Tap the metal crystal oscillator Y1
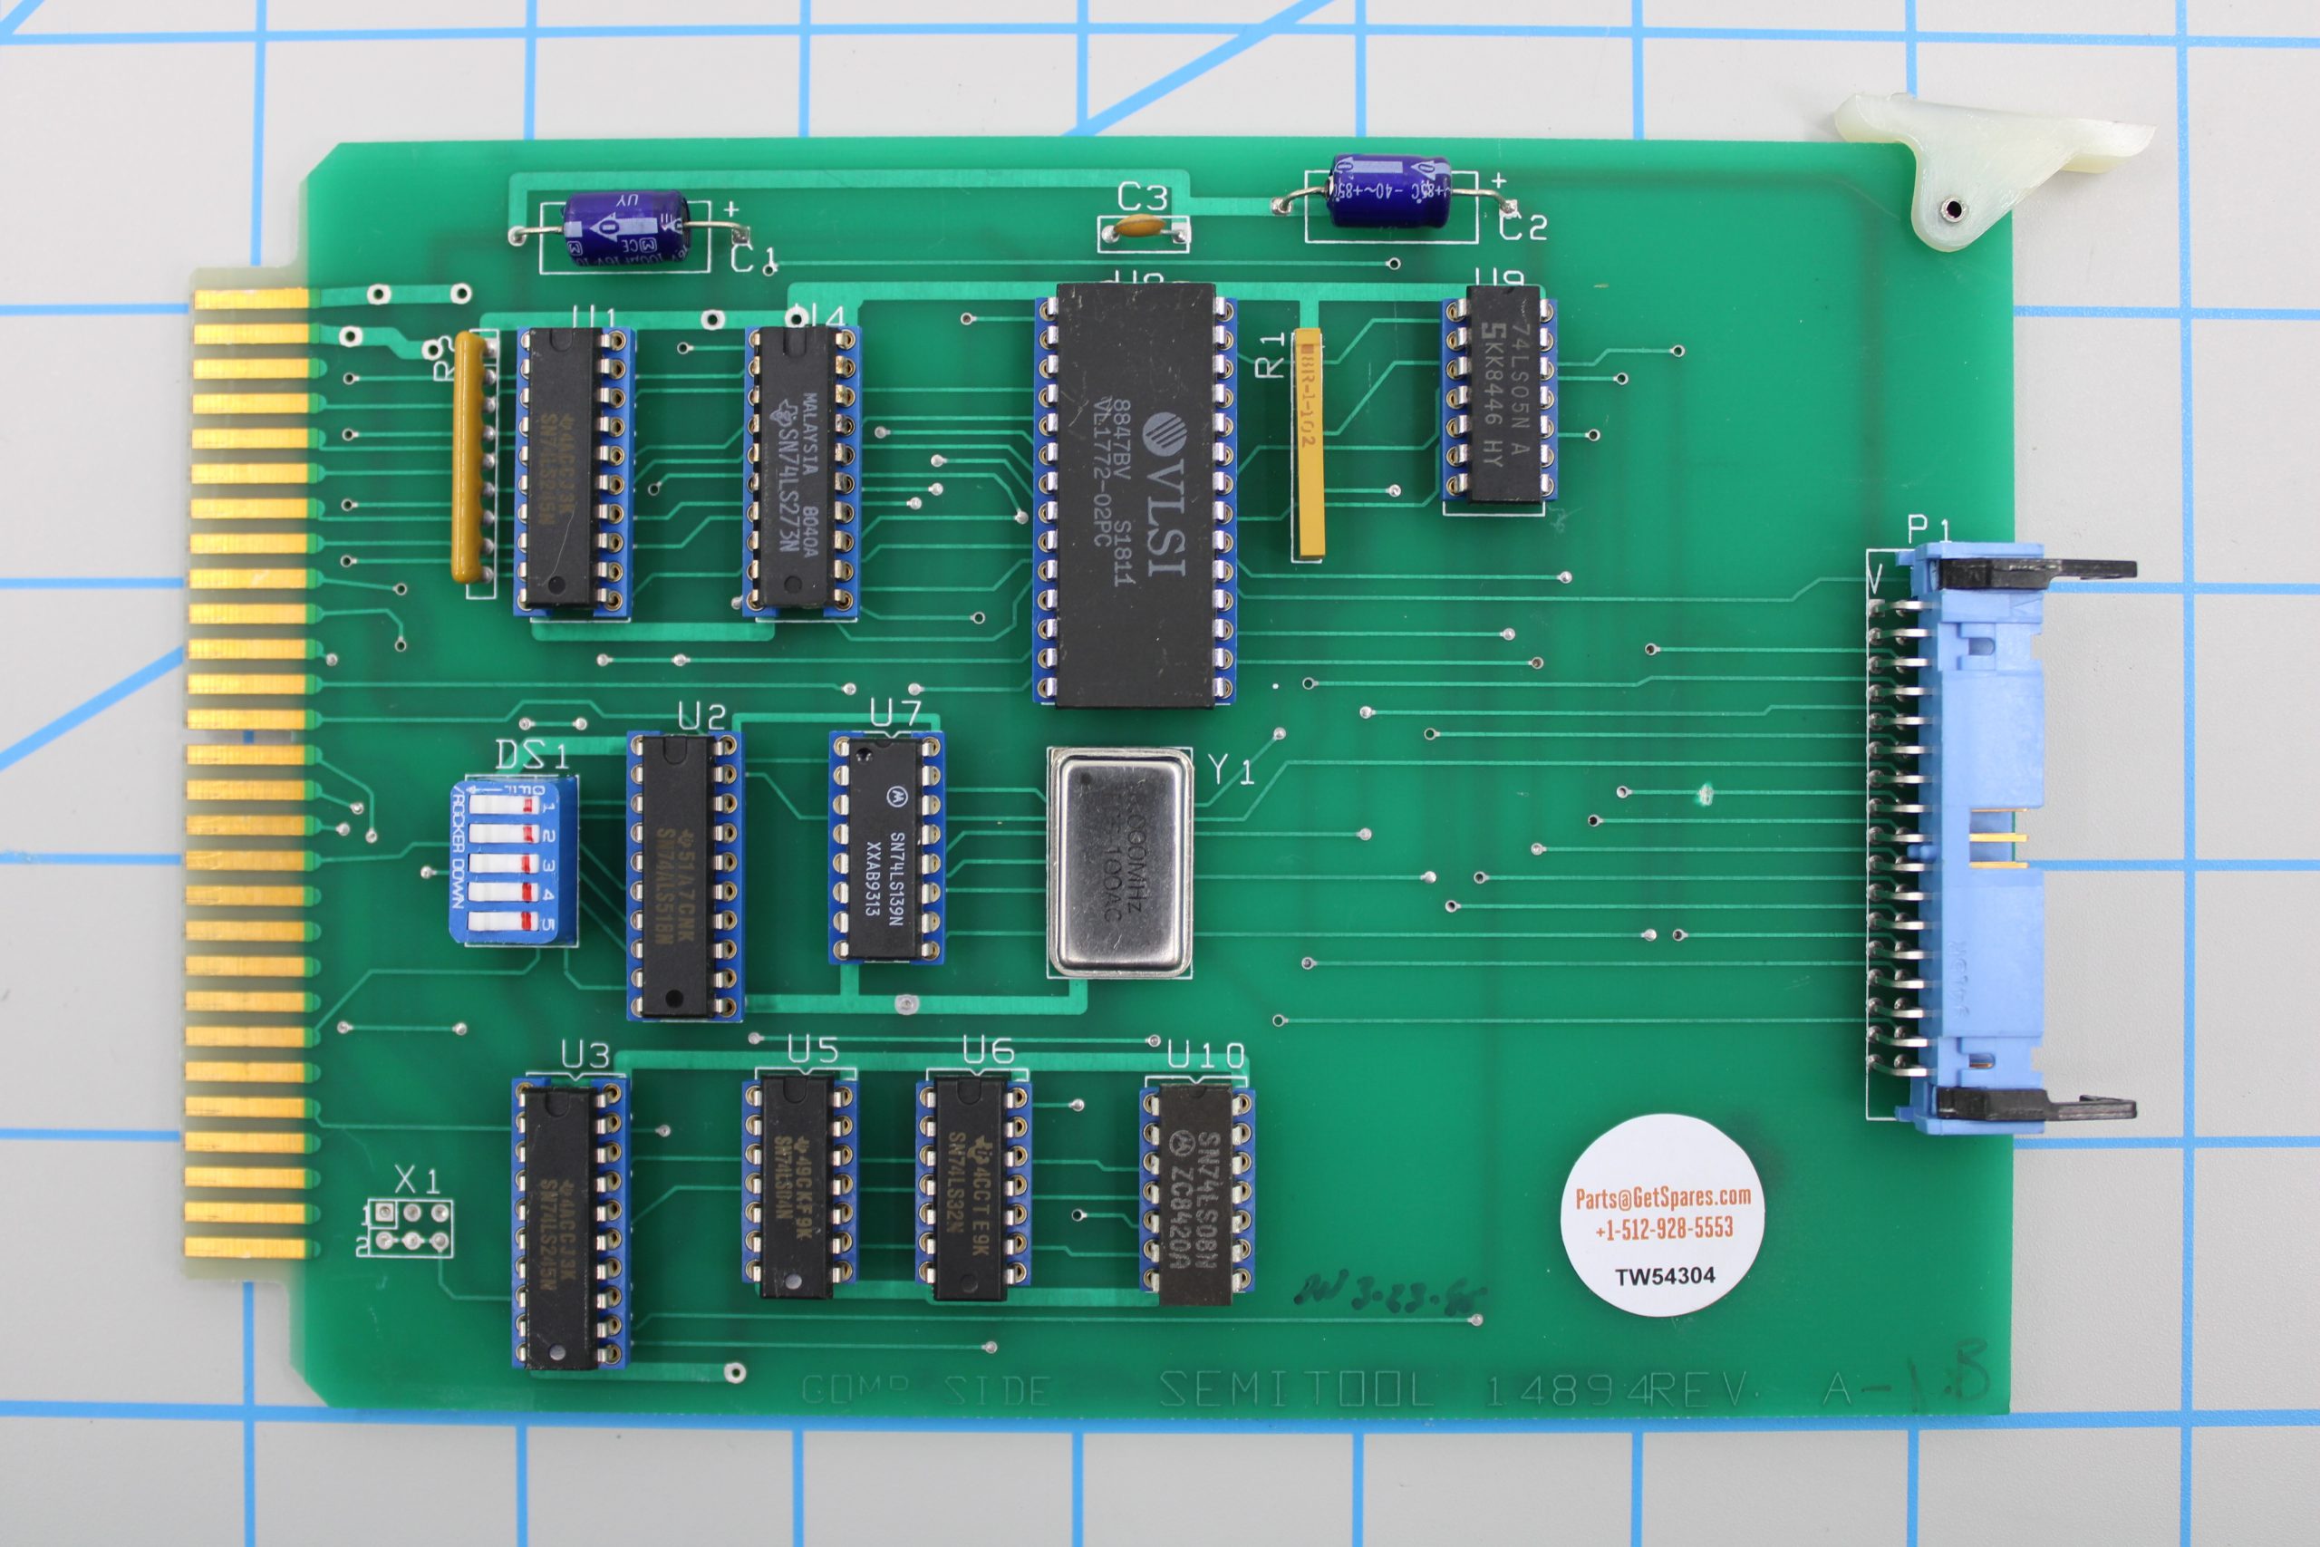[1119, 861]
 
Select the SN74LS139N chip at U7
[884, 848]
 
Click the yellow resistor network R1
[1308, 443]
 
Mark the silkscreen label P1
[1928, 530]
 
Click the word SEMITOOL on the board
[1295, 1390]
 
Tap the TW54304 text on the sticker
[1664, 1276]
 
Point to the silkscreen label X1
[416, 1179]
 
